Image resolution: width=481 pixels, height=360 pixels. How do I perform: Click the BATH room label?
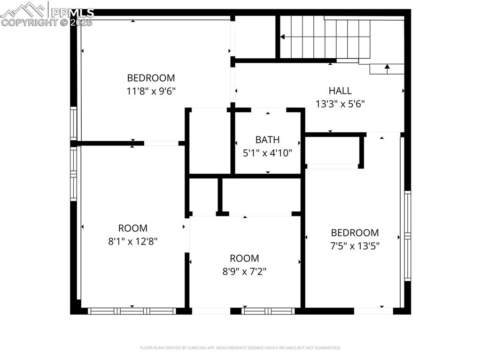(x=267, y=139)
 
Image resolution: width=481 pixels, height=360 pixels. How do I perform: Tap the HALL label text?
(x=340, y=91)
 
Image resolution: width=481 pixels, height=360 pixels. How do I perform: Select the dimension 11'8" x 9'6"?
(x=151, y=91)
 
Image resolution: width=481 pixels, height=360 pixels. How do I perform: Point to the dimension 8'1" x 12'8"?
(x=132, y=241)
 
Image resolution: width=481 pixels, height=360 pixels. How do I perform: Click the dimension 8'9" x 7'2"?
(x=244, y=271)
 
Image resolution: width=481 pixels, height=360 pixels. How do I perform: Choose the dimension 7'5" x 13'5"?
(x=355, y=245)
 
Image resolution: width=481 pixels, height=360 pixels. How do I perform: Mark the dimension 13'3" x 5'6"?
(x=340, y=104)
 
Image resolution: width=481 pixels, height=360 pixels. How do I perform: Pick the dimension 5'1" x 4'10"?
(x=267, y=153)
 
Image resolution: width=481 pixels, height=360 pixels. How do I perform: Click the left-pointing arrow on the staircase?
(x=282, y=37)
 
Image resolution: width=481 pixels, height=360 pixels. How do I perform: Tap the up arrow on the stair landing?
(x=387, y=68)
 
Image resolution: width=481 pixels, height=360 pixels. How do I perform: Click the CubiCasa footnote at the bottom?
(x=240, y=348)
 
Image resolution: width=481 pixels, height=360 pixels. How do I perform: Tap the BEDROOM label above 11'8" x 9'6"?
(x=151, y=78)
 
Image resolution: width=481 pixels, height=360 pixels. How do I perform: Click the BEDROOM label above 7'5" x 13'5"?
(x=355, y=232)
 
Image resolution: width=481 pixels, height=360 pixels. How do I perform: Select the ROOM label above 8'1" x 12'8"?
(x=132, y=228)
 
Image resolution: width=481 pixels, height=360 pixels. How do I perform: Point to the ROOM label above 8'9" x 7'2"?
(x=244, y=258)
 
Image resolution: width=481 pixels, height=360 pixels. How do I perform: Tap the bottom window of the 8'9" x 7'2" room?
(x=268, y=311)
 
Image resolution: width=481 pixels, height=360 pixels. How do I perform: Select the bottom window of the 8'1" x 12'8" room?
(x=132, y=311)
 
